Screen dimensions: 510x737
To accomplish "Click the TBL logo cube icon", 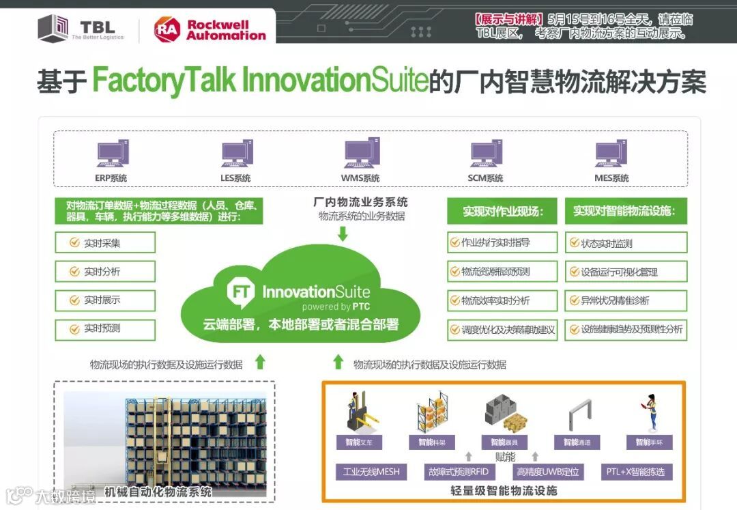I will point(53,29).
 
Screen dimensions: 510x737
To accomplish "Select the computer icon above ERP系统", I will point(112,154).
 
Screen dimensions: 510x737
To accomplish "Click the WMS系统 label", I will point(360,178).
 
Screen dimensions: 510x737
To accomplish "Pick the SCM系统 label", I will point(485,178).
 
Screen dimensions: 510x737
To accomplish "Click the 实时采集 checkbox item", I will point(105,243).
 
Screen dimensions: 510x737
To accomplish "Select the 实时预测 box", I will point(105,329).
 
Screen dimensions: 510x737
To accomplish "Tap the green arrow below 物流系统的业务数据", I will point(343,233).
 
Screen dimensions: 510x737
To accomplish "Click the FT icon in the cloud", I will point(241,292).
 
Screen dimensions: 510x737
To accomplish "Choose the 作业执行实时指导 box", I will point(502,242).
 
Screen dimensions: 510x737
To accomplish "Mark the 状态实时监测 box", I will point(626,243).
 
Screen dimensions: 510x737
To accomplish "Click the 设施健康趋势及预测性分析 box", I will point(626,329).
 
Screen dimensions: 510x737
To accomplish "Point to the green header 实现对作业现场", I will point(502,212).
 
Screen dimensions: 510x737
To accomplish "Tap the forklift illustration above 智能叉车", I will point(359,412).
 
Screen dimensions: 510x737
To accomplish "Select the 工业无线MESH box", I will point(371,472).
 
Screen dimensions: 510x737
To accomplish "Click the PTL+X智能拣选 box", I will point(635,472).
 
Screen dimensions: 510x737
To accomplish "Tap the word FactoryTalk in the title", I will point(164,81).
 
